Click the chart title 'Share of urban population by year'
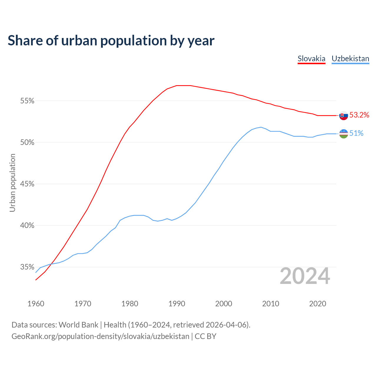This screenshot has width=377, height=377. [111, 41]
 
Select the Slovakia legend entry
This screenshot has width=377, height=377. [311, 59]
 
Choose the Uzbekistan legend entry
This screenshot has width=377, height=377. [350, 59]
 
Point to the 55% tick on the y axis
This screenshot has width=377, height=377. [27, 101]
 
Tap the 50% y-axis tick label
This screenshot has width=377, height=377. [27, 143]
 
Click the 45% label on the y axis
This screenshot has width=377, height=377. [27, 184]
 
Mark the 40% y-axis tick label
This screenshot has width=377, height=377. [27, 226]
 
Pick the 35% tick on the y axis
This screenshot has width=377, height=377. [27, 267]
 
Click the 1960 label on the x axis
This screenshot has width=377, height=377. [36, 304]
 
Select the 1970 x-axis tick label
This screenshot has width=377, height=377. [83, 304]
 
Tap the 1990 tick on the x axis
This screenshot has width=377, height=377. [177, 304]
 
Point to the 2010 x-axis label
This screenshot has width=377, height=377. [271, 304]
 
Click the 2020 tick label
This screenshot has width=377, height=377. [318, 304]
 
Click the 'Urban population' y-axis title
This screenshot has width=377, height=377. [12, 183]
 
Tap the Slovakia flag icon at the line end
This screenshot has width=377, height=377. [344, 115]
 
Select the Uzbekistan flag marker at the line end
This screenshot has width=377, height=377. [344, 134]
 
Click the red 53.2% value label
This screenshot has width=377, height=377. [359, 115]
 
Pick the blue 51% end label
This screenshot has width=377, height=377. [356, 133]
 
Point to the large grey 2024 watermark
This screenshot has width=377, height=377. [305, 276]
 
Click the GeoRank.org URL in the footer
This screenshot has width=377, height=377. [100, 336]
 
